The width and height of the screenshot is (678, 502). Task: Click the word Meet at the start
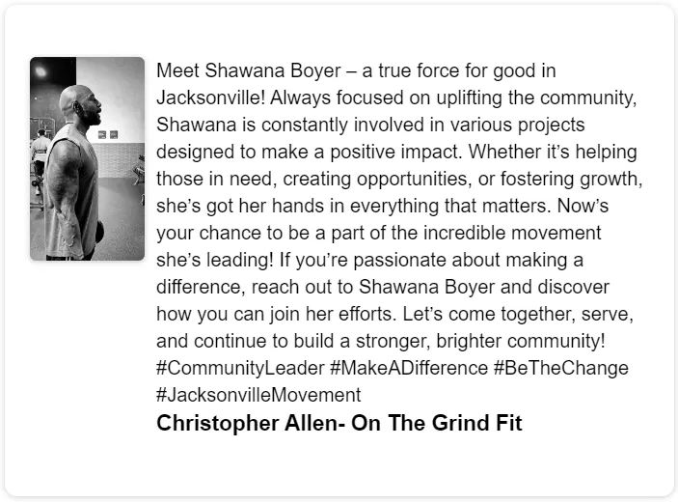tap(177, 71)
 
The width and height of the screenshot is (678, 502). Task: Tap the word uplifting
tap(469, 98)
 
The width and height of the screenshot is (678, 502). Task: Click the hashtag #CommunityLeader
tap(240, 368)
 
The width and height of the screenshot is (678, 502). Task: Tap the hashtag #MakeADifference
tap(409, 368)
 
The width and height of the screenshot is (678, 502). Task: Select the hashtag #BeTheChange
tap(561, 368)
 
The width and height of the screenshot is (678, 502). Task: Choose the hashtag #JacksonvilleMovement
tap(258, 395)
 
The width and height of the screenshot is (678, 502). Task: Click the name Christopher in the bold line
tap(218, 423)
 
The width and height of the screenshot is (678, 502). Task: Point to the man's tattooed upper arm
tap(63, 164)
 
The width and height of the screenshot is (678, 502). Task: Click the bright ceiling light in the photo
tap(41, 71)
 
